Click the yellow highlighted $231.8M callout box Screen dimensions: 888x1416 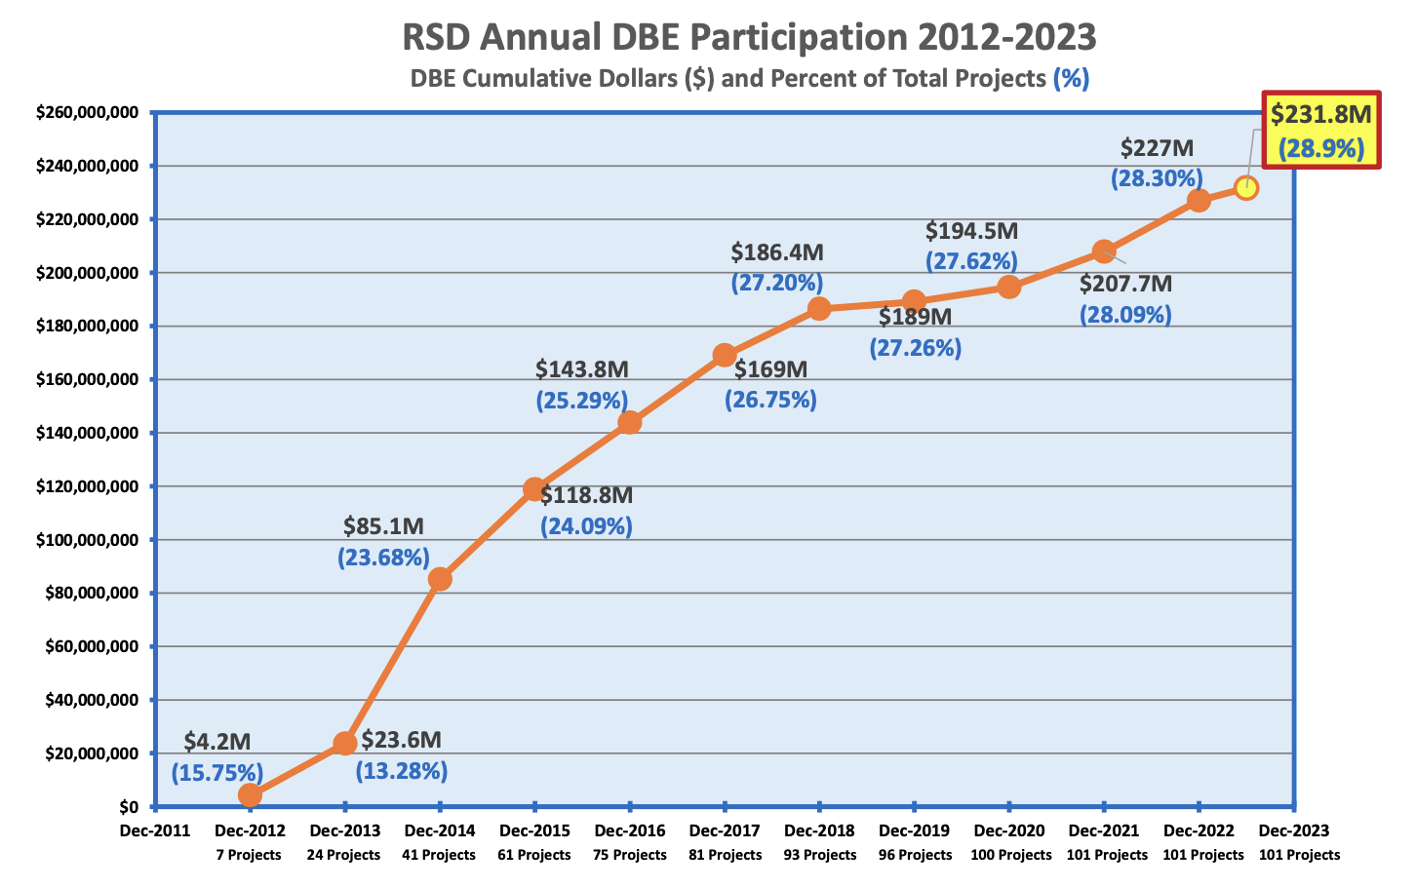coord(1321,131)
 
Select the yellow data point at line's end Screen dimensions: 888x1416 coord(1245,187)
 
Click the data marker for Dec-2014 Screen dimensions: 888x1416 coord(440,579)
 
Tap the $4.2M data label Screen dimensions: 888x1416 coord(217,741)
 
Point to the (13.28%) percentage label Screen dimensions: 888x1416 coord(401,771)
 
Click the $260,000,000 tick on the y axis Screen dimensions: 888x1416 coord(87,113)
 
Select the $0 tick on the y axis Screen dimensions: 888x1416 coord(131,807)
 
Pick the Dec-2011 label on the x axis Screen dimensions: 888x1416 coord(154,830)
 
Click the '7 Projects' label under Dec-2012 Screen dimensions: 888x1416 coord(249,855)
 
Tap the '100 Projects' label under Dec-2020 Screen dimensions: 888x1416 coord(1010,855)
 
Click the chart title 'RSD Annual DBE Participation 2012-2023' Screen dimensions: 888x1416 coord(749,37)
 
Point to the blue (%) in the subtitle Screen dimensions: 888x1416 coord(1071,78)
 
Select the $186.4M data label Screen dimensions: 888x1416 coord(777,252)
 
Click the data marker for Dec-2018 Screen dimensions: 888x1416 coord(819,309)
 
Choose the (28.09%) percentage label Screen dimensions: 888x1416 coord(1125,315)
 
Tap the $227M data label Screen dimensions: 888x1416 coord(1157,148)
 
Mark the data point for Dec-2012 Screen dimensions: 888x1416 coord(250,795)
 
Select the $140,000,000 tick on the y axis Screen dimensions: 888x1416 coord(87,433)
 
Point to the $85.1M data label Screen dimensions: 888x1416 coord(383,526)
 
